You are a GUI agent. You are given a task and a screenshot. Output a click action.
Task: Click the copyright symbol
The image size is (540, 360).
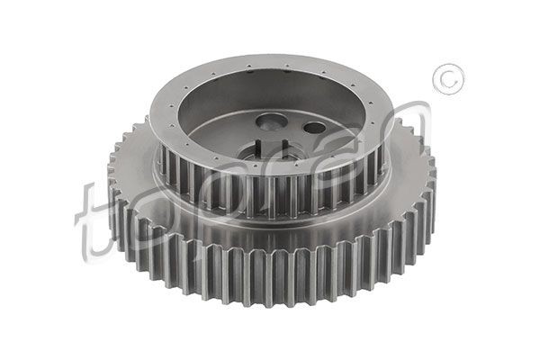point(447,79)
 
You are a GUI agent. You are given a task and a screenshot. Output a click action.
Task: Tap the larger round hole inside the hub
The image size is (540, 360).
point(270,121)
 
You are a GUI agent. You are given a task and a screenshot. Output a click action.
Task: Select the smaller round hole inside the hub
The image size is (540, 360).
point(314,127)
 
